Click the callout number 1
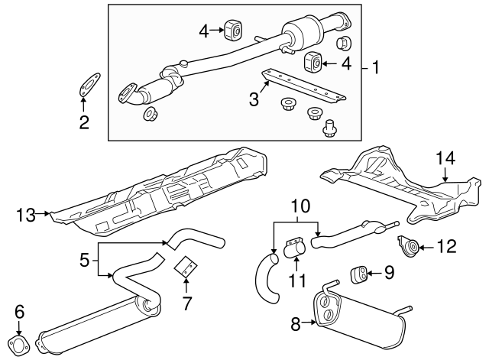click(x=375, y=67)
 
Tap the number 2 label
click(x=85, y=121)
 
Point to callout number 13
click(x=25, y=216)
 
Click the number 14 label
click(x=445, y=158)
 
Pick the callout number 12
click(x=446, y=246)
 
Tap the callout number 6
click(x=20, y=311)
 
